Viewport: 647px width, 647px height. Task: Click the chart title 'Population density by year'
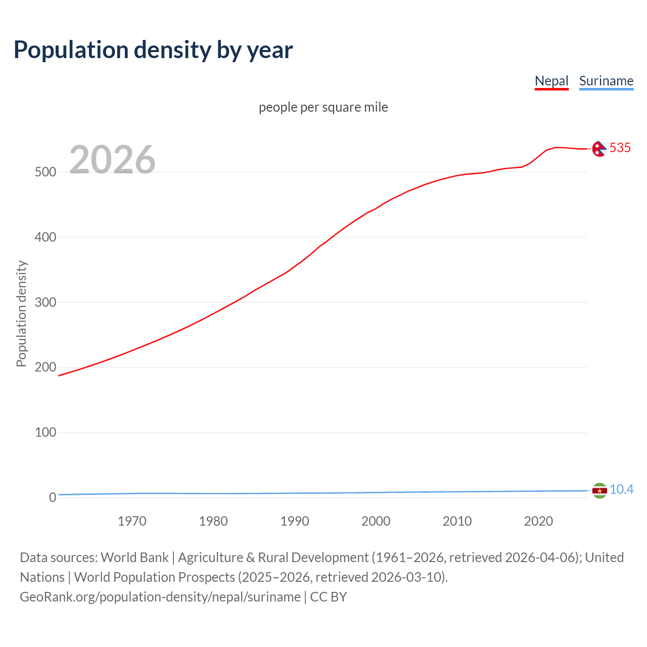[x=153, y=50]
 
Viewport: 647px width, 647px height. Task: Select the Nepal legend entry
[x=551, y=81]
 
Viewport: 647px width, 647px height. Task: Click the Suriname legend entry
[x=606, y=81]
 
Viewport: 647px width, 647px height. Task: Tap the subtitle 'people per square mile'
[x=323, y=107]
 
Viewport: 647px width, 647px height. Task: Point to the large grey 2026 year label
[x=112, y=160]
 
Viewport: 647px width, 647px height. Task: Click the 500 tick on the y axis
[x=45, y=172]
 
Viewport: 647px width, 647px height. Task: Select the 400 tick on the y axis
[x=45, y=237]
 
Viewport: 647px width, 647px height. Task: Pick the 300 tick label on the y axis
[x=45, y=302]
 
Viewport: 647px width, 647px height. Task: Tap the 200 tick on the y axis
[x=45, y=367]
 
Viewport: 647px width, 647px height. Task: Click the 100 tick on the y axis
[x=45, y=432]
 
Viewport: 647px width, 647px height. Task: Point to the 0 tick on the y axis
[x=53, y=497]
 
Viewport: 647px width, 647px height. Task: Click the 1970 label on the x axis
[x=132, y=521]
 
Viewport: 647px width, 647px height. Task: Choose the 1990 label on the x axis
[x=295, y=521]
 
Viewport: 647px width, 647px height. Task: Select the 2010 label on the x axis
[x=457, y=521]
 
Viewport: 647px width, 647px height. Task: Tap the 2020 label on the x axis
[x=538, y=521]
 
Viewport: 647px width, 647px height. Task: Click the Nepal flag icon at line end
[x=599, y=149]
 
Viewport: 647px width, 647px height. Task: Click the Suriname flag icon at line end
[x=599, y=490]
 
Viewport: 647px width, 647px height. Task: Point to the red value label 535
[x=620, y=148]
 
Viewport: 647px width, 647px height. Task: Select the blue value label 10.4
[x=621, y=489]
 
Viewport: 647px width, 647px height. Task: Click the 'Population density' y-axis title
[x=21, y=313]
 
